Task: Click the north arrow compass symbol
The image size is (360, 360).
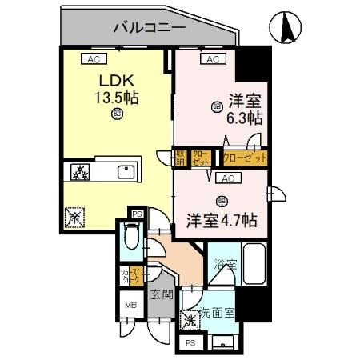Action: (x=285, y=29)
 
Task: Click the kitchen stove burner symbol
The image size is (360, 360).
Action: (x=80, y=172)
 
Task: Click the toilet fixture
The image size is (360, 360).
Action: (x=132, y=239)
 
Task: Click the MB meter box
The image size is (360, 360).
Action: (x=129, y=305)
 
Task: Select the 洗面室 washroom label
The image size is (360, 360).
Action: (x=216, y=313)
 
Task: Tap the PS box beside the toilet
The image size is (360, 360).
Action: (x=137, y=214)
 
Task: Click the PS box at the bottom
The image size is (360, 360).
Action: (x=190, y=342)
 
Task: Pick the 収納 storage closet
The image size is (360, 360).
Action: (x=182, y=156)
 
